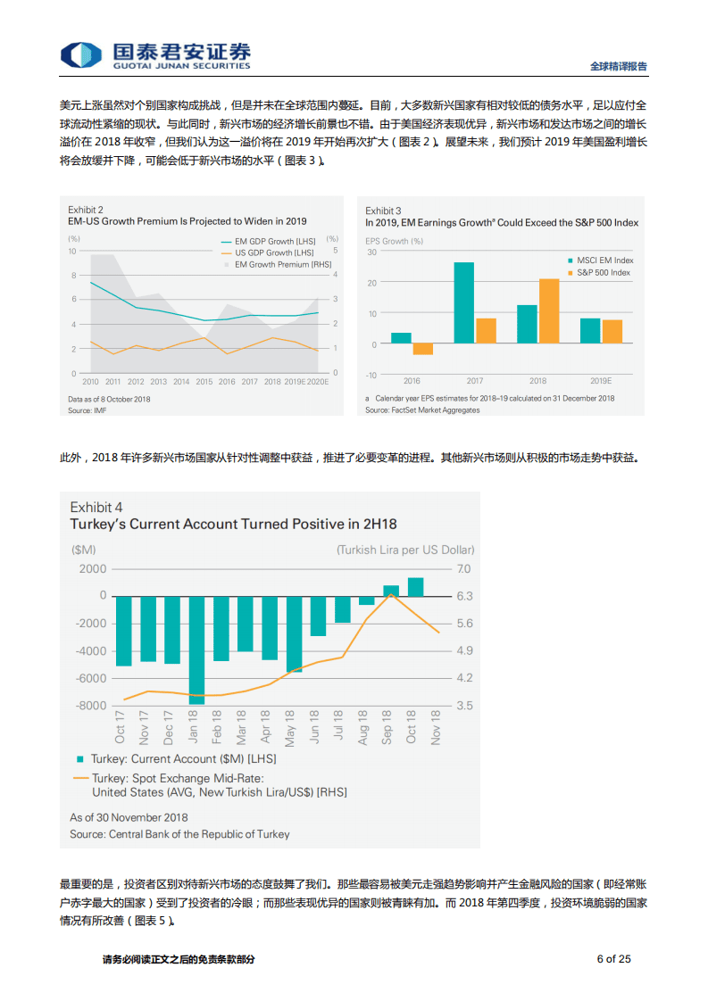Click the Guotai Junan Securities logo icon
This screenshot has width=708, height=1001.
pyautogui.click(x=82, y=54)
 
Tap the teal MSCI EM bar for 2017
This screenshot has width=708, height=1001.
pyautogui.click(x=464, y=302)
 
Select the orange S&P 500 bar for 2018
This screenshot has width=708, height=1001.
pyautogui.click(x=549, y=311)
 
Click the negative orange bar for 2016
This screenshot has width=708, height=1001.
pyautogui.click(x=423, y=349)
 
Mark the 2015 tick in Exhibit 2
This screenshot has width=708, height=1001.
pyautogui.click(x=204, y=381)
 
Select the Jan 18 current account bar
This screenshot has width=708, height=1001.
pyautogui.click(x=196, y=649)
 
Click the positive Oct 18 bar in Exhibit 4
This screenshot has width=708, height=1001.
pyautogui.click(x=415, y=586)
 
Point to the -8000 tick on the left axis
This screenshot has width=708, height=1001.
pyautogui.click(x=90, y=706)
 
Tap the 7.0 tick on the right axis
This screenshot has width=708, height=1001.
pyautogui.click(x=464, y=568)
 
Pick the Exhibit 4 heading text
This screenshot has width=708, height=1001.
pyautogui.click(x=96, y=508)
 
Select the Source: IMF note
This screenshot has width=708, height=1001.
pyautogui.click(x=87, y=409)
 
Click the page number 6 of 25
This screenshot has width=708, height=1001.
pyautogui.click(x=613, y=959)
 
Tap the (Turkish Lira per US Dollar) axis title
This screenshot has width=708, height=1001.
pyautogui.click(x=405, y=550)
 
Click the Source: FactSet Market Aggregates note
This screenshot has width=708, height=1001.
pyautogui.click(x=422, y=409)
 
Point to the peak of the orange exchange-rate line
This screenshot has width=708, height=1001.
pyautogui.click(x=391, y=593)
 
